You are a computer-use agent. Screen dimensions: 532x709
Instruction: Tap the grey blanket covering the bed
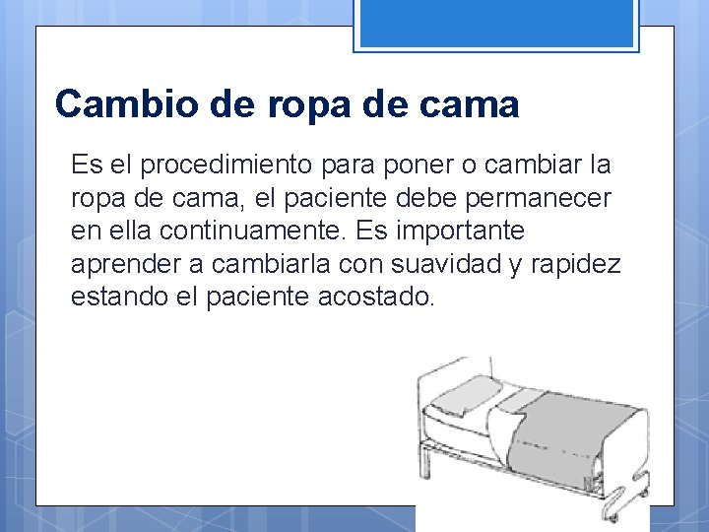571,433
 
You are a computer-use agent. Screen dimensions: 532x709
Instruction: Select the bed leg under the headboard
424,473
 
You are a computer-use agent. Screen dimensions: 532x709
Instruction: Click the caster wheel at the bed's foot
612,513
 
